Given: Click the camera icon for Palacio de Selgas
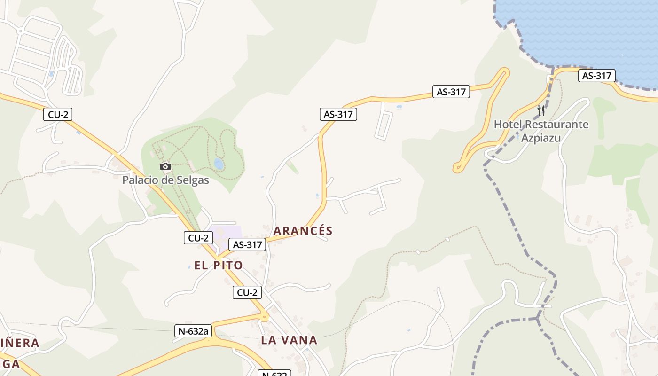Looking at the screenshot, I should pos(165,166).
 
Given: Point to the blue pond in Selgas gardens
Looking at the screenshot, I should pos(219,164).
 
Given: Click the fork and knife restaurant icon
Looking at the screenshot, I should pos(541,110).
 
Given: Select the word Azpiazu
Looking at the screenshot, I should pos(541,138).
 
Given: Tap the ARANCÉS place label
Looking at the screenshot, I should pos(303,231).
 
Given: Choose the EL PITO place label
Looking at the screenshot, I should pos(219,265).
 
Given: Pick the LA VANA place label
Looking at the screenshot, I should pos(289,340).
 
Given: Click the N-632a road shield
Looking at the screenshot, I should pos(193,331).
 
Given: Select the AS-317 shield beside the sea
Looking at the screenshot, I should pos(597,76).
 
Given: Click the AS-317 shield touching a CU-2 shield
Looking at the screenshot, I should pos(247,244).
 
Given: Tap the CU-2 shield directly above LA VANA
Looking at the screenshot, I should pos(247,292).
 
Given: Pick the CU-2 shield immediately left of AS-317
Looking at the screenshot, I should pos(198,238).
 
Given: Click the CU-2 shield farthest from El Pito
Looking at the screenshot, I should pos(58,114).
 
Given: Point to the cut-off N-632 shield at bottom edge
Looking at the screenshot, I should pos(274,373).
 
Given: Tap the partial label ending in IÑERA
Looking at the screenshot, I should pos(19,343).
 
